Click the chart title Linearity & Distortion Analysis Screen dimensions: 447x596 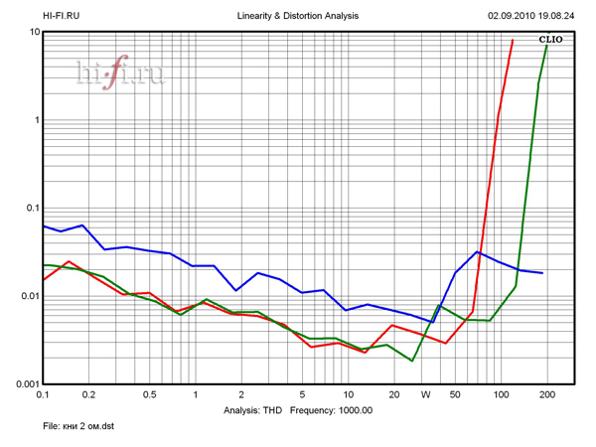pos(298,17)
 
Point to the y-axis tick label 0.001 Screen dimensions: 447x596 pos(25,384)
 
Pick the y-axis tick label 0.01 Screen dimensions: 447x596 pos(28,297)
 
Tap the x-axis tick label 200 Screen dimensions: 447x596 pos(545,395)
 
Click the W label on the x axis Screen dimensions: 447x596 pos(425,395)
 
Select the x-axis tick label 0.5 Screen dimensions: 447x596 pos(149,395)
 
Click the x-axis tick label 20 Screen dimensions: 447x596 pos(394,395)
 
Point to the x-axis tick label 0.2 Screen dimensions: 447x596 pos(88,395)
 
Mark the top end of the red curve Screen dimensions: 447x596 pos(513,41)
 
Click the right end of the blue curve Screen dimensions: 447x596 pos(542,272)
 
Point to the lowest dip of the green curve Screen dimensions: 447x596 pos(411,361)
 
